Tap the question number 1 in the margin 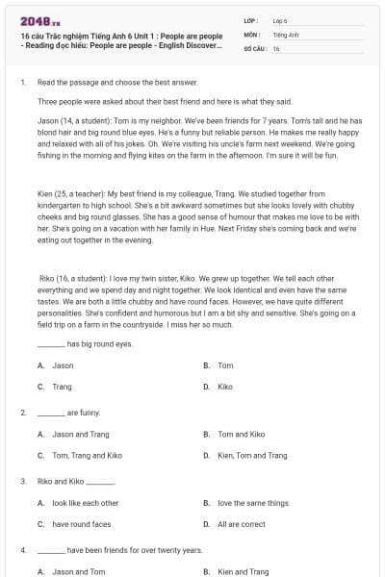22,83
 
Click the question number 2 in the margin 22,413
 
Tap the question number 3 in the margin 22,481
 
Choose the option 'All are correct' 242,524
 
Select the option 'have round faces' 82,524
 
